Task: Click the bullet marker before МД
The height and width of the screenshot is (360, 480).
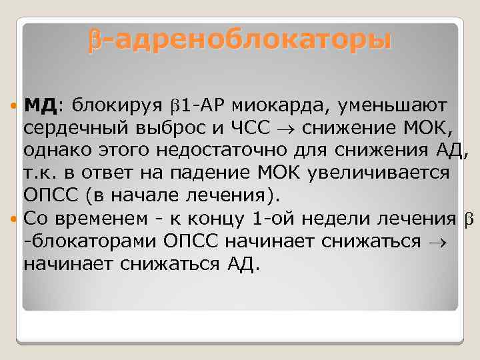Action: [15, 106]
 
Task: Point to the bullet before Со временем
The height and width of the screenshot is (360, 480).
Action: [15, 218]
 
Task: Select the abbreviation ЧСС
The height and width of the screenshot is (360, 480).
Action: [251, 127]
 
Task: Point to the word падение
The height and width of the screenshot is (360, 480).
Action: [205, 173]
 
